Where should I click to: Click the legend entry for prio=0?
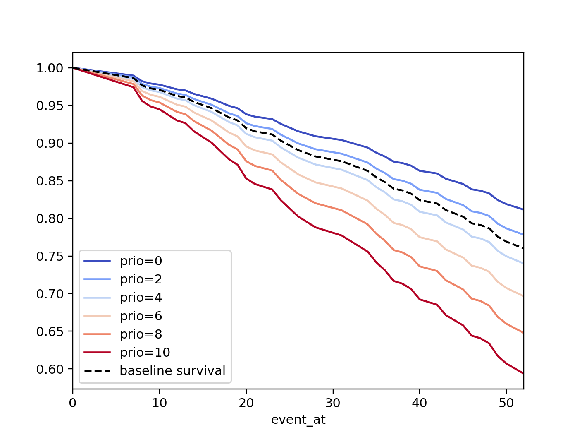141,261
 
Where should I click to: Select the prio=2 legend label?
141,279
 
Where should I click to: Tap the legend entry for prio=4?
141,298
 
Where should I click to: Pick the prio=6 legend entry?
141,316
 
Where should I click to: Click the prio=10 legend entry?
145,353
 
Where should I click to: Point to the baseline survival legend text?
172,370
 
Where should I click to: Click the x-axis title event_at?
298,420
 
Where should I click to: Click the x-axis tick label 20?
246,403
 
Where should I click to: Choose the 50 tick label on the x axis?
506,403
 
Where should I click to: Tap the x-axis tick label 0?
73,403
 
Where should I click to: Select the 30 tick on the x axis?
333,403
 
